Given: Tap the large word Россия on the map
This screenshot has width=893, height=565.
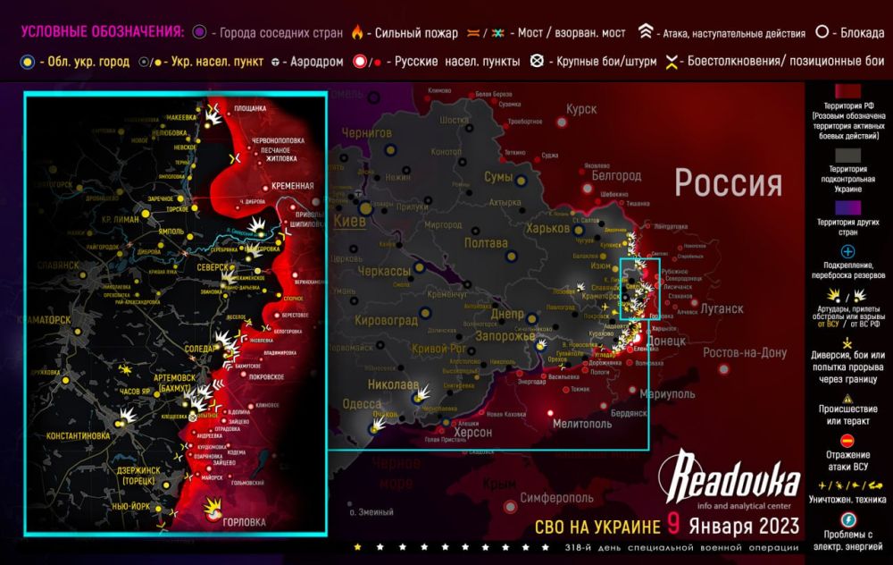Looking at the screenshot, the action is pyautogui.click(x=728, y=183).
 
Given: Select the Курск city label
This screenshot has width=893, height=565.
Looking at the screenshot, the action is pyautogui.click(x=580, y=109).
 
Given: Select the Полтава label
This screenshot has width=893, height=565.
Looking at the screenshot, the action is pyautogui.click(x=488, y=242).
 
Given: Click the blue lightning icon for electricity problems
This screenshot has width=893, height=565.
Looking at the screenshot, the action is pyautogui.click(x=848, y=520).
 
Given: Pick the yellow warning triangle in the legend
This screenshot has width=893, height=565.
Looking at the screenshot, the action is pyautogui.click(x=848, y=400).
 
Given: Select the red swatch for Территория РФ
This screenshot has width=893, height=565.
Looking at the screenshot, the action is pyautogui.click(x=848, y=94).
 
